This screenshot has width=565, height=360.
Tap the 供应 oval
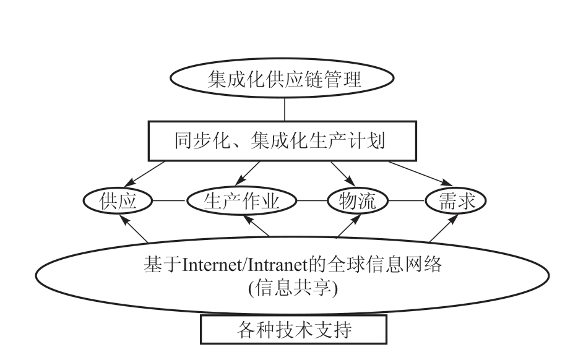pos(118,201)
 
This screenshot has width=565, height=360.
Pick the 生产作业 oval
pos(242,201)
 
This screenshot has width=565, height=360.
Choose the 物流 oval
pos(358,201)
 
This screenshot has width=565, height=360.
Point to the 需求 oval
pos(455,201)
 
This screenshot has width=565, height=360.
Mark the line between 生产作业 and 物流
pos(312,201)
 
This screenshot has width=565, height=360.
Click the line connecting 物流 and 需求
pos(407,201)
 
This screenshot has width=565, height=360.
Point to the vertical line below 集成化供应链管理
pos(284,109)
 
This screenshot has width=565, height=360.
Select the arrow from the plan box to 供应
pos(145,173)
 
